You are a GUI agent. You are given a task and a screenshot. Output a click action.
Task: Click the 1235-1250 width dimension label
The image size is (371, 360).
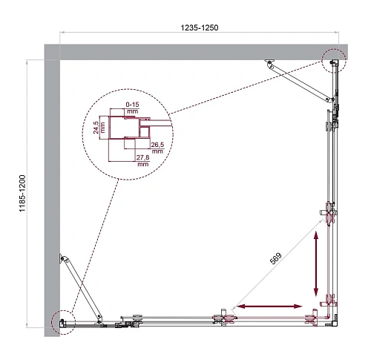point(198,27)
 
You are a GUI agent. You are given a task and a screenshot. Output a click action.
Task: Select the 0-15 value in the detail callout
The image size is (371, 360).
point(132,103)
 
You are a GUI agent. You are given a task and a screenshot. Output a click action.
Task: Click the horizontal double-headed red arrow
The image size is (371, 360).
point(269,306)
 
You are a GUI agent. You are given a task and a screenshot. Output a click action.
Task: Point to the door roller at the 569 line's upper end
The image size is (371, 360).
point(328,217)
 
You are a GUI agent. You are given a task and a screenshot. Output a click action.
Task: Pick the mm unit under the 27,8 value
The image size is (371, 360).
point(144,164)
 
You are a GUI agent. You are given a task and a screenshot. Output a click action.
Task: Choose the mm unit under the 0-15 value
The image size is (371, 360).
point(132,111)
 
